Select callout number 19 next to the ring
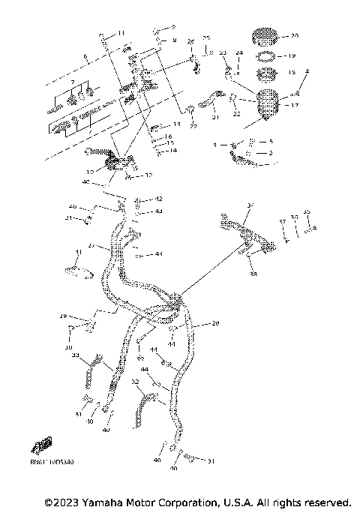click(294, 55)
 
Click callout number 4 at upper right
click(306, 71)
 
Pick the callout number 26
click(190, 40)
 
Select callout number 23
click(223, 52)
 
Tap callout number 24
click(240, 52)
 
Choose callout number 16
click(169, 136)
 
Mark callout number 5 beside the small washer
click(271, 141)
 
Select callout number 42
click(158, 199)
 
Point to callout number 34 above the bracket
click(251, 204)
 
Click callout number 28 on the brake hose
click(216, 323)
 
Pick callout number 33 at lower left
click(76, 354)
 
